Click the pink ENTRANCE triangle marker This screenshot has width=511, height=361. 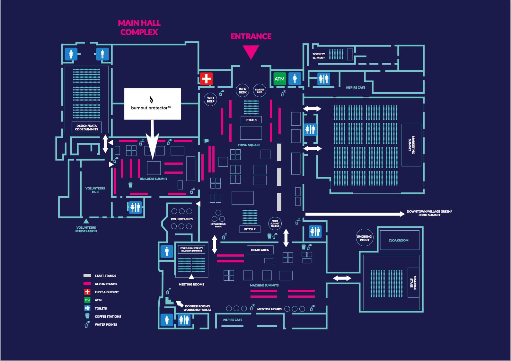point(251,51)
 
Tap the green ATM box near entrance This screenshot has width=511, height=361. point(279,79)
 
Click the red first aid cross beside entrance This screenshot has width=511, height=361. point(206,79)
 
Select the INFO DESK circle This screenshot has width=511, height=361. point(242,91)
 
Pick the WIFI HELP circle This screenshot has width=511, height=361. point(210,99)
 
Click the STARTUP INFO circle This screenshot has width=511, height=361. point(260,91)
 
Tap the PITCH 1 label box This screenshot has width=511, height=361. point(251,120)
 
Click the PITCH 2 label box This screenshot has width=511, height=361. point(250,229)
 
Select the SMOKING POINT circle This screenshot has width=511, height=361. point(364,238)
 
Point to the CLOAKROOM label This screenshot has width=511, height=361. point(399,240)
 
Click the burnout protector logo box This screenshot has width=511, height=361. point(152,104)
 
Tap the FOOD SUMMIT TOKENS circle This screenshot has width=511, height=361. point(275,223)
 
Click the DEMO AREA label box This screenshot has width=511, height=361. point(260,250)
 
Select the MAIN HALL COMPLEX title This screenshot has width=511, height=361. point(139,27)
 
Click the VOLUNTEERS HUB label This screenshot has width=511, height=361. point(95,190)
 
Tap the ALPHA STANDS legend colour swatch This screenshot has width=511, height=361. point(87,284)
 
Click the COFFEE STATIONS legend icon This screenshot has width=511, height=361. point(87,316)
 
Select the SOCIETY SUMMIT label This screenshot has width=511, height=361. point(319,56)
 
